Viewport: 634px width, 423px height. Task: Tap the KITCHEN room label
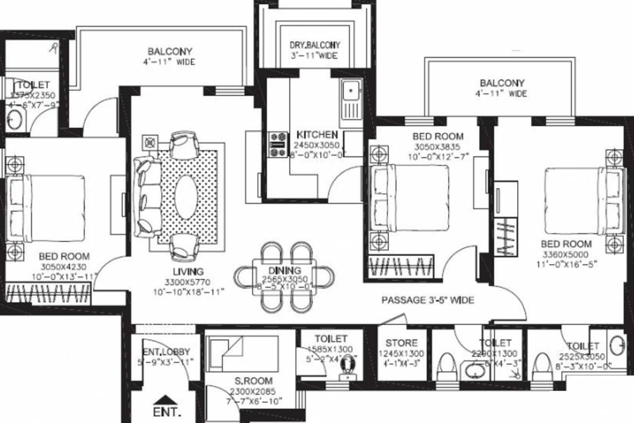(x=317, y=134)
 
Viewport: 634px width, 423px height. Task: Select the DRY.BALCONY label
(x=315, y=45)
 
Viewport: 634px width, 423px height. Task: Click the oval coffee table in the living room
(x=187, y=195)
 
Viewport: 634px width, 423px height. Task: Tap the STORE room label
(x=401, y=343)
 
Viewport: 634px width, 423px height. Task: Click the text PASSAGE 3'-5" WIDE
(x=428, y=300)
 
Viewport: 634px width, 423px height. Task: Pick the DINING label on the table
(x=285, y=270)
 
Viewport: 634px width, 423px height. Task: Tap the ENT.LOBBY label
(x=166, y=352)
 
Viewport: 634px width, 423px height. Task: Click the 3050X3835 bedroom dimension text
(x=438, y=147)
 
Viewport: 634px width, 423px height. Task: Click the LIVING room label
(x=188, y=272)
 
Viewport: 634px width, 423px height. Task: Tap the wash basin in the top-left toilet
(x=15, y=118)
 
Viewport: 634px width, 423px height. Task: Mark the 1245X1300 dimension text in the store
(x=401, y=353)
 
